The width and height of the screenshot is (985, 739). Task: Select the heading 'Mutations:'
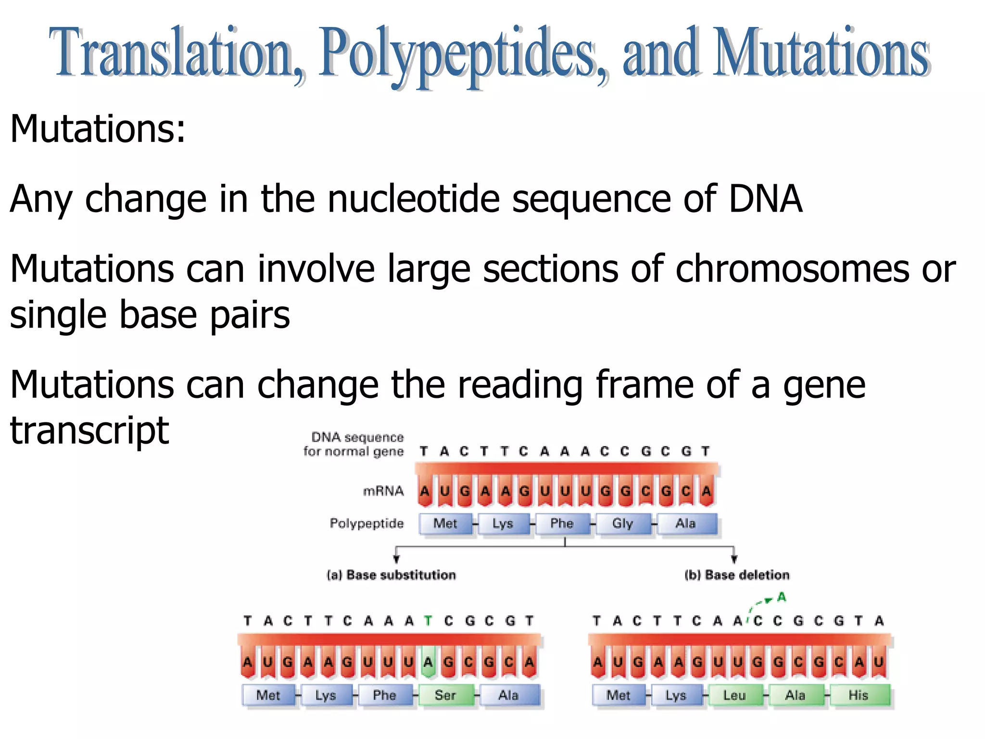(98, 128)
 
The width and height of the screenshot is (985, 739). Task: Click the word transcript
(89, 430)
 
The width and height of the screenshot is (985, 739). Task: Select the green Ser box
(445, 695)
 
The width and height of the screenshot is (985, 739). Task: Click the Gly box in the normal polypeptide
(622, 523)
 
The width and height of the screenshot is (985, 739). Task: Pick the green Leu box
(734, 695)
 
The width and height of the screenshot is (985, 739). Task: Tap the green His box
(859, 695)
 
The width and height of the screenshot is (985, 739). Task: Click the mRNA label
(383, 491)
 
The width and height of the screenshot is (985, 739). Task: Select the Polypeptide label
(366, 523)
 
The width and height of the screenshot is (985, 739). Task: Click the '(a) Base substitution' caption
(391, 575)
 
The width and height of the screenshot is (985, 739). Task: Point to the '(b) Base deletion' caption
(737, 575)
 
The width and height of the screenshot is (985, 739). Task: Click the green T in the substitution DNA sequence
(428, 621)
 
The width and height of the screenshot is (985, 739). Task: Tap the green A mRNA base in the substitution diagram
(428, 663)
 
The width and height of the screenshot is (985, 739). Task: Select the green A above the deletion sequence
(782, 598)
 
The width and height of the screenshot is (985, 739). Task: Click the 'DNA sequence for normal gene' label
(354, 444)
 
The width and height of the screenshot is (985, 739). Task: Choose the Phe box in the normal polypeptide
(562, 523)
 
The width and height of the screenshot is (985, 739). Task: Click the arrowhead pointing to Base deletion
(734, 559)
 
